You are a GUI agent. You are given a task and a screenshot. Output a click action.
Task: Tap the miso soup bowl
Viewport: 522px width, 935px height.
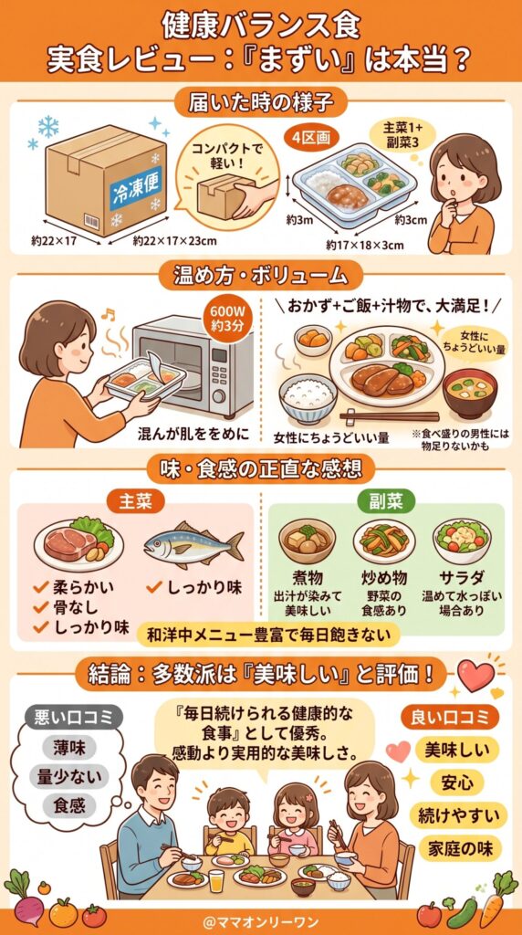(469, 392)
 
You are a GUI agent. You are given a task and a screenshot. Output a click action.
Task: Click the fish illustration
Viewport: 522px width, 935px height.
(193, 545)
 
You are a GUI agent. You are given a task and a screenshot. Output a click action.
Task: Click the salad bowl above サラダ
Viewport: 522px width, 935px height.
(462, 541)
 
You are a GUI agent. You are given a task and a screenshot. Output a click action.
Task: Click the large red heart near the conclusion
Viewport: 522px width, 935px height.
(475, 676)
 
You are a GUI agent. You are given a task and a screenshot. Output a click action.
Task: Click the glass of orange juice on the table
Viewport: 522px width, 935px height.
(216, 880)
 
